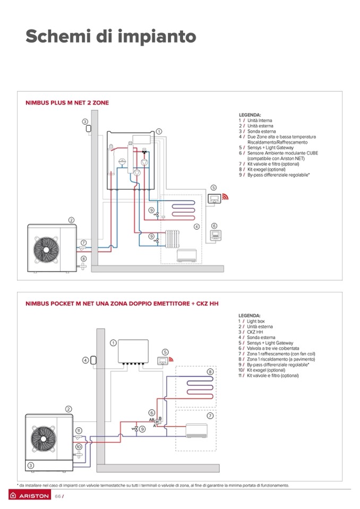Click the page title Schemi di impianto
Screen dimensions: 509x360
tap(111, 37)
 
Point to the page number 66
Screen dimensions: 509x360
tap(58, 496)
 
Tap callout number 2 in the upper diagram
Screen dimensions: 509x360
tap(71, 220)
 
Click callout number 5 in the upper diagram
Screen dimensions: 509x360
tap(213, 188)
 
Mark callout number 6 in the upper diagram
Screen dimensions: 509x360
tap(214, 226)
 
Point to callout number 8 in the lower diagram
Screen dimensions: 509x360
tap(210, 372)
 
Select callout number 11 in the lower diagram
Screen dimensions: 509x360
tap(78, 430)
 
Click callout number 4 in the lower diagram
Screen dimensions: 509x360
tap(85, 360)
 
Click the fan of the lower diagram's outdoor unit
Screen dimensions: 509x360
tap(42, 438)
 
